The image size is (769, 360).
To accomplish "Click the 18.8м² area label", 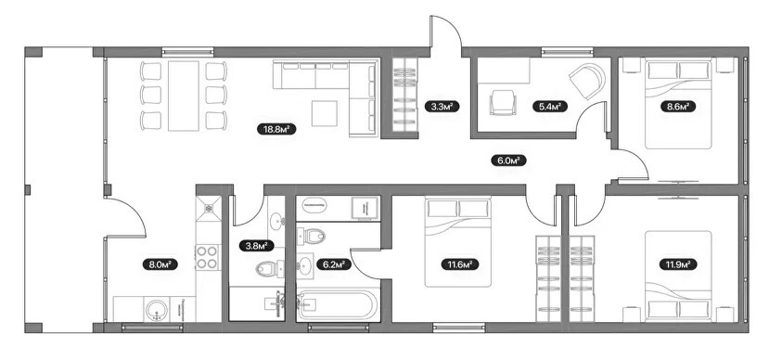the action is tap(276, 130).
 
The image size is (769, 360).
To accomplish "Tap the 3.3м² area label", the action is tap(442, 106).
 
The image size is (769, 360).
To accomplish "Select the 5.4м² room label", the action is tap(550, 106).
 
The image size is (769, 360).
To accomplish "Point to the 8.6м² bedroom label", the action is tap(678, 106).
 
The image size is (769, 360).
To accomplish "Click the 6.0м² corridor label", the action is tap(508, 160).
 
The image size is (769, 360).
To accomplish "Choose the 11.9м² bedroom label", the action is tap(678, 264).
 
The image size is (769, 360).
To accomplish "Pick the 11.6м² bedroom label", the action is tap(459, 264).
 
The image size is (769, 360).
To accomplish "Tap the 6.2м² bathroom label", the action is tap(334, 264).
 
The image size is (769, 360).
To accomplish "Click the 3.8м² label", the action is tap(257, 245).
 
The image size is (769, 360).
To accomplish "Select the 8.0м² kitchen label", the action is tap(160, 264).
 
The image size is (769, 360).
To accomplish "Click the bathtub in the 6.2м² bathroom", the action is tap(338, 305).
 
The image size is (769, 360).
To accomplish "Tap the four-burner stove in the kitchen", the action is tap(208, 257).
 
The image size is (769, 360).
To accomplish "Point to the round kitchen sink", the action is tap(157, 310).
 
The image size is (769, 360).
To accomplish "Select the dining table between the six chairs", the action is tap(184, 96).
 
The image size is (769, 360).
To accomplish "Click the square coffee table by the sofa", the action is tap(324, 113).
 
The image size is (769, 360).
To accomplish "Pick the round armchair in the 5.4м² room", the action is tap(587, 81).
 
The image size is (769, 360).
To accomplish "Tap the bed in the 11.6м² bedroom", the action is tap(457, 242).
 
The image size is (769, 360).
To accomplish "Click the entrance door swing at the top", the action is tap(445, 32).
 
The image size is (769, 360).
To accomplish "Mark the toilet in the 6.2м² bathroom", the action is tap(313, 236).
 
